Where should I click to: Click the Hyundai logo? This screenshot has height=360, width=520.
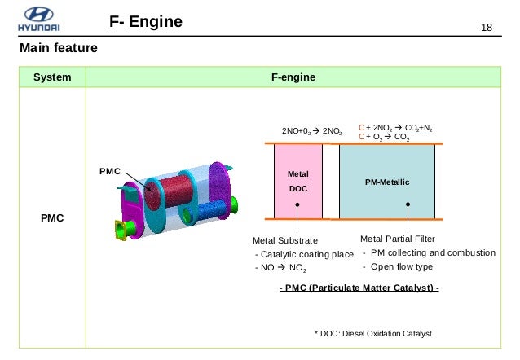39,20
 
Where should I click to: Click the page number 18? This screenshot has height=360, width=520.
487,28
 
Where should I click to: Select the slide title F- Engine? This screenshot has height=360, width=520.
146,21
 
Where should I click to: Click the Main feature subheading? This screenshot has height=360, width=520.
59,48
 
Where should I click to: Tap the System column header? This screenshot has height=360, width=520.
52,77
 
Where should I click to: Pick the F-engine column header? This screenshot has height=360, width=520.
293,77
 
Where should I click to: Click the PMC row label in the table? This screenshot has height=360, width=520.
52,217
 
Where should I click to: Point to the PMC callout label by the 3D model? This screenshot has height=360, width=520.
110,171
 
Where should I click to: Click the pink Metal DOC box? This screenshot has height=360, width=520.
298,182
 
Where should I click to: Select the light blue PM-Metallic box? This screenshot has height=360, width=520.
387,182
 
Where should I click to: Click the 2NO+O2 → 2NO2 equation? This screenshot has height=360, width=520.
311,131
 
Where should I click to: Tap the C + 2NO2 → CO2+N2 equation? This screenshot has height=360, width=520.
395,128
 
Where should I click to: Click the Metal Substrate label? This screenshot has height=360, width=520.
285,240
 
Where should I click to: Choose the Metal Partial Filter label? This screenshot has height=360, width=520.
397,239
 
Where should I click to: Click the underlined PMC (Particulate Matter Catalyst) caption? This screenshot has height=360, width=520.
359,288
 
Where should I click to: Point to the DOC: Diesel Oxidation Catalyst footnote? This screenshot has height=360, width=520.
373,333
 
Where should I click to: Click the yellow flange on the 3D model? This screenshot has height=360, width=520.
120,230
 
